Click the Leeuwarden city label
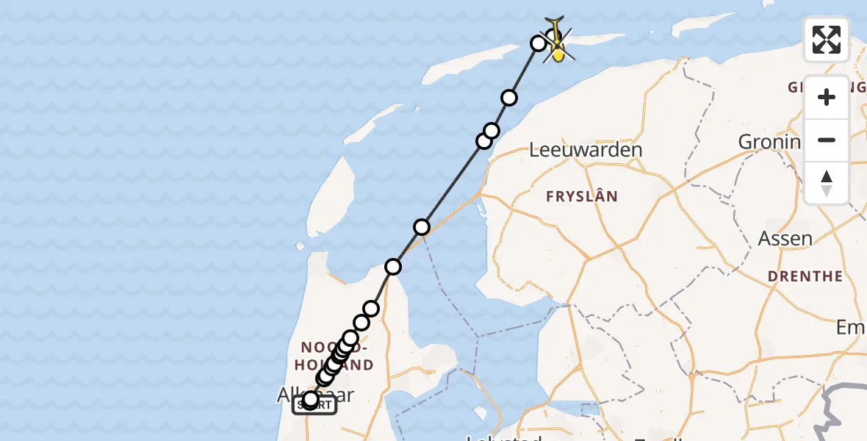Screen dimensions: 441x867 click(x=586, y=150)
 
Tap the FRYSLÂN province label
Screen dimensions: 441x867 click(x=581, y=196)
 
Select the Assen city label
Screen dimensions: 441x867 click(x=785, y=238)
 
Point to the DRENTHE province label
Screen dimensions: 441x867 click(x=805, y=276)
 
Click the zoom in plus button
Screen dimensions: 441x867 click(x=827, y=97)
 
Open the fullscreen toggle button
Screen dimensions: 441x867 click(x=827, y=40)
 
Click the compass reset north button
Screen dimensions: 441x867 click(x=827, y=182)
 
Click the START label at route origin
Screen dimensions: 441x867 click(x=314, y=405)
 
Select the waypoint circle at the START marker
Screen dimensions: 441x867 click(x=311, y=400)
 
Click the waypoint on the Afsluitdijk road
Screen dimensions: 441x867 click(x=422, y=227)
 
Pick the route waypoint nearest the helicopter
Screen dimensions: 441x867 click(x=539, y=43)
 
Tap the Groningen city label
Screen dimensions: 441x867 click(x=768, y=142)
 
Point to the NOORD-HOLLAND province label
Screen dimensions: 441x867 click(x=337, y=355)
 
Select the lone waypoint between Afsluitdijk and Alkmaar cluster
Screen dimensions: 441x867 click(x=394, y=266)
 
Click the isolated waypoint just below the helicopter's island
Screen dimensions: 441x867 click(x=509, y=98)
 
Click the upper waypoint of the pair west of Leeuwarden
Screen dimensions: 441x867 click(x=492, y=131)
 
